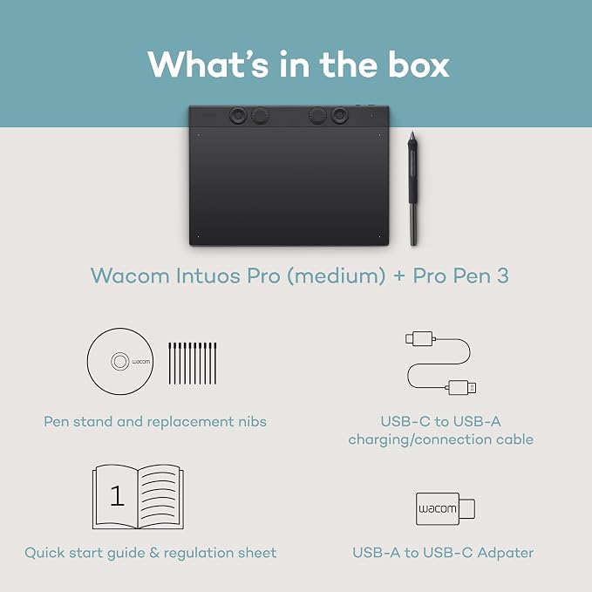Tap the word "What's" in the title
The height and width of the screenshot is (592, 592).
coord(208,65)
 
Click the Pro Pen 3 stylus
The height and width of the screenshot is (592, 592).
coord(413,188)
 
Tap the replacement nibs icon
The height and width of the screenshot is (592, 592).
coord(193,364)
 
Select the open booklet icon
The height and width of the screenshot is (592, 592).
coord(138,497)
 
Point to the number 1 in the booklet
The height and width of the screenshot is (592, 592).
coord(117,495)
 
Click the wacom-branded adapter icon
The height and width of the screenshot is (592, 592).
coord(446,508)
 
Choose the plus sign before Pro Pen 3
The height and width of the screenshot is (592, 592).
coord(399,276)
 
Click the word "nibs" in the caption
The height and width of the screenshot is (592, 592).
coord(252,421)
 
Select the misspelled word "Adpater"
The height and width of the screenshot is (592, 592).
coord(506,553)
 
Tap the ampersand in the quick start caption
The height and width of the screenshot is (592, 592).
coord(154,553)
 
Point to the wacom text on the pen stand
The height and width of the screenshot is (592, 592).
coord(141,362)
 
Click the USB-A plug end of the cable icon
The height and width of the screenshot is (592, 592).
coord(462,388)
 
